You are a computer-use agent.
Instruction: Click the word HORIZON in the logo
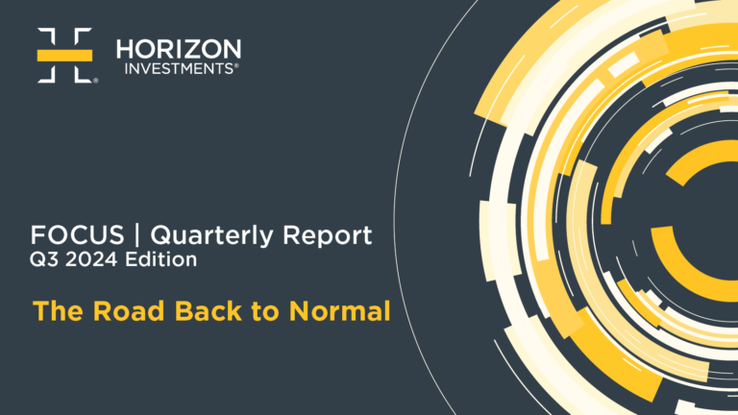179,49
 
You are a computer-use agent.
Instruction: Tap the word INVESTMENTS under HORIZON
179,69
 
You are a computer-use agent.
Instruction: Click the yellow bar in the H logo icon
64,55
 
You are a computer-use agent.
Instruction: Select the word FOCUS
77,234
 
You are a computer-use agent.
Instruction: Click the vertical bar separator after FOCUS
137,234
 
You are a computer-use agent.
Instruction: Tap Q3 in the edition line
44,259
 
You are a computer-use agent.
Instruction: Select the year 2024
91,259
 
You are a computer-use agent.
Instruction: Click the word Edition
161,259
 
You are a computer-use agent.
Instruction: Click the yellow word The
59,311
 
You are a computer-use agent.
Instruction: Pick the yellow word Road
129,311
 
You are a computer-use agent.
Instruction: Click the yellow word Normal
340,311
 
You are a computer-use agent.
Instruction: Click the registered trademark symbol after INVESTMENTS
236,65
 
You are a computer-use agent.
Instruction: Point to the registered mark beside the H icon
95,81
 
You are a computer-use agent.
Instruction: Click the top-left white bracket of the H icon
47,37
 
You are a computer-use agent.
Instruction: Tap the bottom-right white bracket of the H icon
83,73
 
